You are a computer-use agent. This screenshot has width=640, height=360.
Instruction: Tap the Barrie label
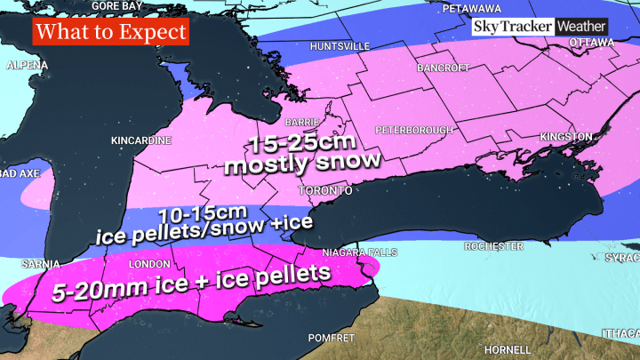296,122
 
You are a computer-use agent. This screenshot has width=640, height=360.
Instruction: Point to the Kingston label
565,137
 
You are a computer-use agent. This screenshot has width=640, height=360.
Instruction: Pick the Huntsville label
340,45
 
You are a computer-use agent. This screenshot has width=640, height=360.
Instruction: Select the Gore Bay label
119,5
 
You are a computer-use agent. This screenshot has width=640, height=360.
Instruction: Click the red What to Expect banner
111,33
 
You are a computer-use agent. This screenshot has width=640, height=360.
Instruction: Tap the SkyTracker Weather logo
540,28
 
